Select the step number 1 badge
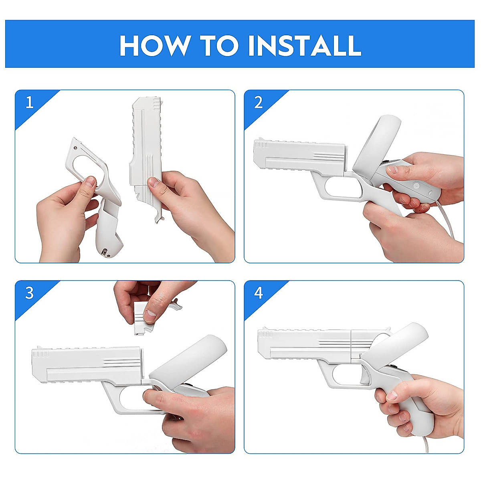click(29, 103)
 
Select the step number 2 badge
click(259, 103)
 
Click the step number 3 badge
click(29, 293)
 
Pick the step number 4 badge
click(259, 293)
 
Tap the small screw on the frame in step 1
click(76, 148)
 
